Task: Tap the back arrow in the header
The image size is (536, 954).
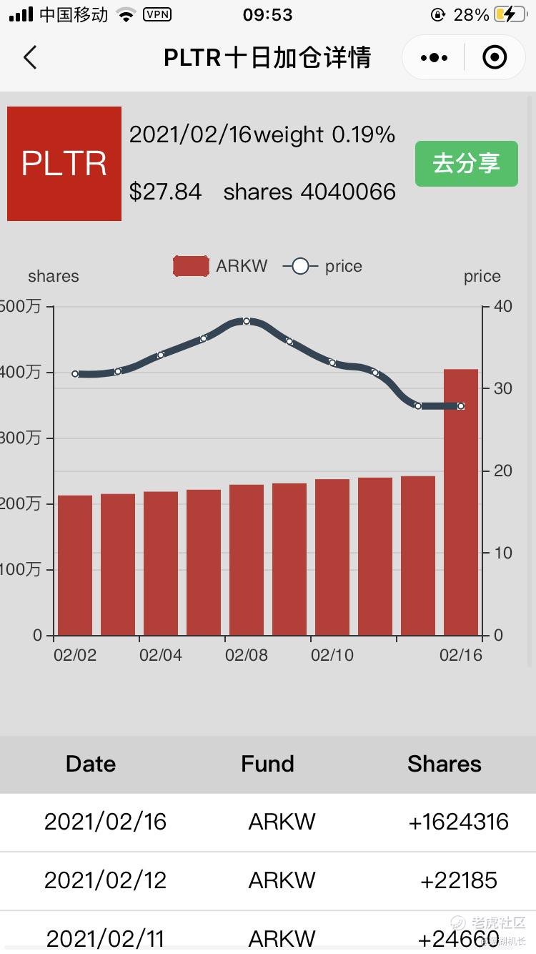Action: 30,57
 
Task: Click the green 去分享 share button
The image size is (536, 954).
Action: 466,164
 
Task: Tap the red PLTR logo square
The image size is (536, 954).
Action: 64,164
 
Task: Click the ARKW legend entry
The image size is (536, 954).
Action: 221,266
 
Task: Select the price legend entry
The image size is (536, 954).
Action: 323,266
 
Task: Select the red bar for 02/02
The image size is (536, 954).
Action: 75,565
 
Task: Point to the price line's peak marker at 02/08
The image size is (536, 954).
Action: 247,321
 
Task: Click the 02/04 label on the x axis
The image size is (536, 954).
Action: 161,655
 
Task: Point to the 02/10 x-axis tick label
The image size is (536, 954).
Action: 332,655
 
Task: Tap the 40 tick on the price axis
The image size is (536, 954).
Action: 502,306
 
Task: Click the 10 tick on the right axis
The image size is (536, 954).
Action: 502,553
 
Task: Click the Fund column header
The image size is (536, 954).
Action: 267,764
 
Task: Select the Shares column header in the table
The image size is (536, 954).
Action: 444,764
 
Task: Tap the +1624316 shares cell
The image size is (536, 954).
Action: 458,822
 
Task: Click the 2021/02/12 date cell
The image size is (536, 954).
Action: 105,880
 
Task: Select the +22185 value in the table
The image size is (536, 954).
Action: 458,880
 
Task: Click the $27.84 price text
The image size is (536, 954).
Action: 165,192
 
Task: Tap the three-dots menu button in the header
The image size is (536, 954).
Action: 435,57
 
